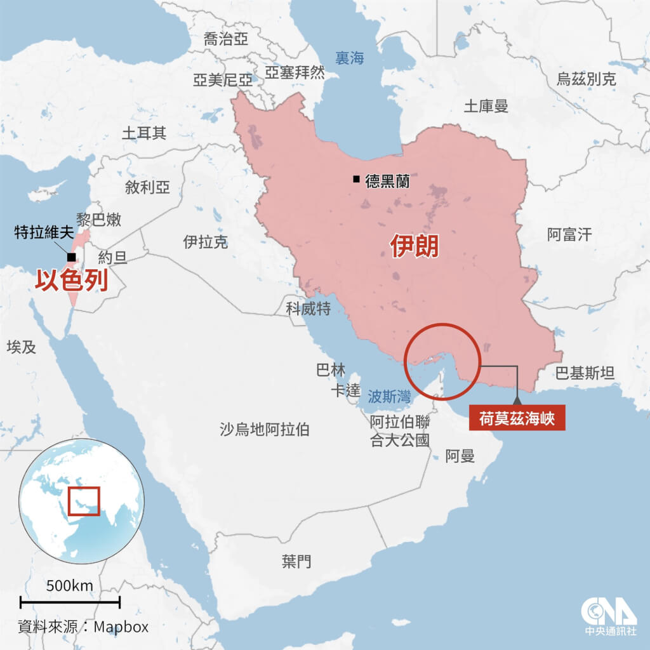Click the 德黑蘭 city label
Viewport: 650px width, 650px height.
(387, 181)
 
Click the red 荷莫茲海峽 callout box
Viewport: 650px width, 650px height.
(516, 419)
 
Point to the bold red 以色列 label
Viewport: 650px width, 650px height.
(70, 279)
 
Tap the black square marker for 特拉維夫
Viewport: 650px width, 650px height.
(70, 256)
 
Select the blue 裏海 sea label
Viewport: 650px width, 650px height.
(350, 58)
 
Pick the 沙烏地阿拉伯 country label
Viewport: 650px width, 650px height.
(264, 430)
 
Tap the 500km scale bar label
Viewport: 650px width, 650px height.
(70, 585)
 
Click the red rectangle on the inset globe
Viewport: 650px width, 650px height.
(84, 501)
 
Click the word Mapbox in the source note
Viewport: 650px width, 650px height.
(121, 627)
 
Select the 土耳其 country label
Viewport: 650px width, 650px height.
(144, 133)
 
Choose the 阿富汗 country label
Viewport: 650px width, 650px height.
(569, 235)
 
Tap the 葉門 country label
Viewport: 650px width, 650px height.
(297, 560)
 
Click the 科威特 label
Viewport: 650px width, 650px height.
(308, 308)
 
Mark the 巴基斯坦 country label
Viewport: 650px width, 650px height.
(585, 373)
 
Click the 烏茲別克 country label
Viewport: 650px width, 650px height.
(586, 79)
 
